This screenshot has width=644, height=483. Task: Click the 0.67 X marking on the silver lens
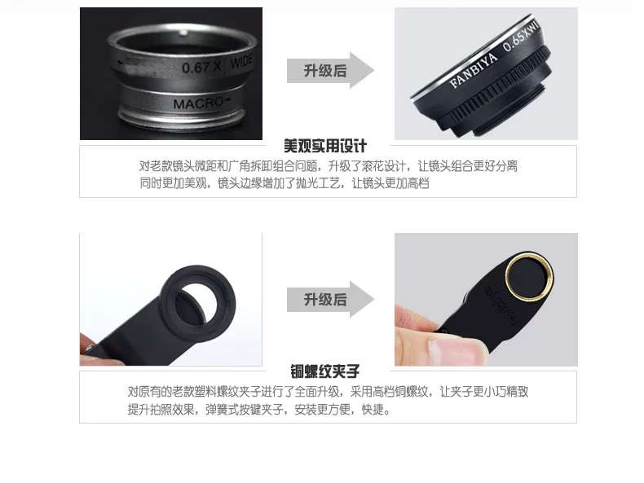[201, 68]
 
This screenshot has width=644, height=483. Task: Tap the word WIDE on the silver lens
[241, 61]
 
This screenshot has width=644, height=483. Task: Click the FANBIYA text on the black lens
[474, 70]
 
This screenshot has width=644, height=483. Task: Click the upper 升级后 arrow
[331, 70]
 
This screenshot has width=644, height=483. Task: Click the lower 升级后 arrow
[331, 299]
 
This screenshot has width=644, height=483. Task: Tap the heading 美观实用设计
[325, 146]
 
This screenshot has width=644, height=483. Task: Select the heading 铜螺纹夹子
[325, 371]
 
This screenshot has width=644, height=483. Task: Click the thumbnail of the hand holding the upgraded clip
[487, 300]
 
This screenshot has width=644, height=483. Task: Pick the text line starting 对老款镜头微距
[329, 166]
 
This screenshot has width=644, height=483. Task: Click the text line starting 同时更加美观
[285, 183]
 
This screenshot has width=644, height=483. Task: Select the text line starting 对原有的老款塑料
[329, 392]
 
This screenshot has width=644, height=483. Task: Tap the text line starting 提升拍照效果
[258, 409]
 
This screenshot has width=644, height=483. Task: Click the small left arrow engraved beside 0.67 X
[121, 63]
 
